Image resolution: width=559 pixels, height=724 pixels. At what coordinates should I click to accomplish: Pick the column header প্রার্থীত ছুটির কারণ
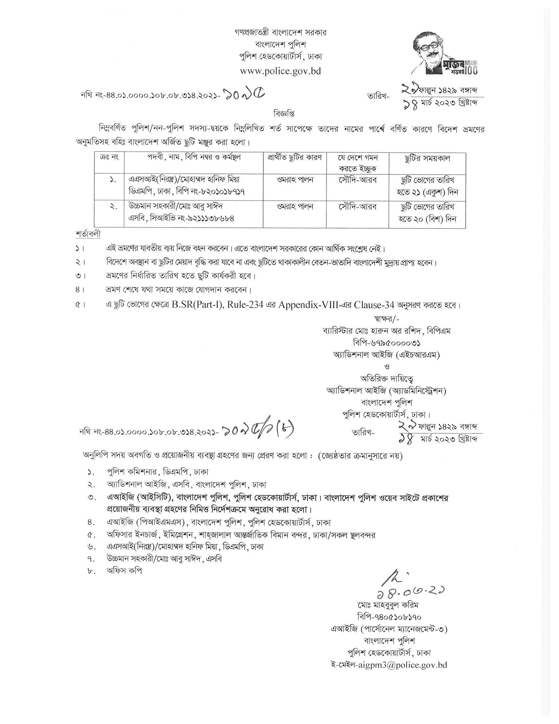pos(294,157)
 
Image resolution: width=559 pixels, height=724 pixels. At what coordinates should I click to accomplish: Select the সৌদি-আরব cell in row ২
pos(357,207)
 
